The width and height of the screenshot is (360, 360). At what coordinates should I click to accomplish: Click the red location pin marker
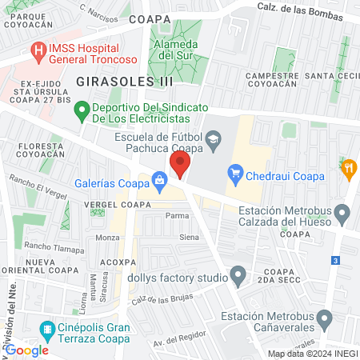[180, 166]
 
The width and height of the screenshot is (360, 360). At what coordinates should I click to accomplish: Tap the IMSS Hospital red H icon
[37, 50]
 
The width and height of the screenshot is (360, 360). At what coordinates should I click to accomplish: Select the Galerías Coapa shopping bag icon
[160, 181]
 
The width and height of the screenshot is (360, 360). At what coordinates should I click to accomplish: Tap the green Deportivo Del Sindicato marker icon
[80, 110]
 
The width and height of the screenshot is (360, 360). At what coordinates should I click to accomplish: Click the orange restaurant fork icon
[348, 169]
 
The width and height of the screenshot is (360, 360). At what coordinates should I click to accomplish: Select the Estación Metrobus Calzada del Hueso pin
[343, 214]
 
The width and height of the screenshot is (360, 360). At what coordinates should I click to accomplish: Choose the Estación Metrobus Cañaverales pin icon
[323, 321]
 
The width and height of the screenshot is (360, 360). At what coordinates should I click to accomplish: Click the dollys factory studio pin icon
[238, 277]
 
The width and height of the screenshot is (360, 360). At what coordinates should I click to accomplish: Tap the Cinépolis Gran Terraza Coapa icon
[47, 330]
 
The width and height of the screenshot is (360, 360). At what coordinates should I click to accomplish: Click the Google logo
[28, 350]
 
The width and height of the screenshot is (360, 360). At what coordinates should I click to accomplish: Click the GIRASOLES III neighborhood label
[114, 81]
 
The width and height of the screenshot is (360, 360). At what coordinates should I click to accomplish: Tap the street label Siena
[188, 238]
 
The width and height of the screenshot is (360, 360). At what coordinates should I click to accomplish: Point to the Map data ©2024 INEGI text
[312, 354]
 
